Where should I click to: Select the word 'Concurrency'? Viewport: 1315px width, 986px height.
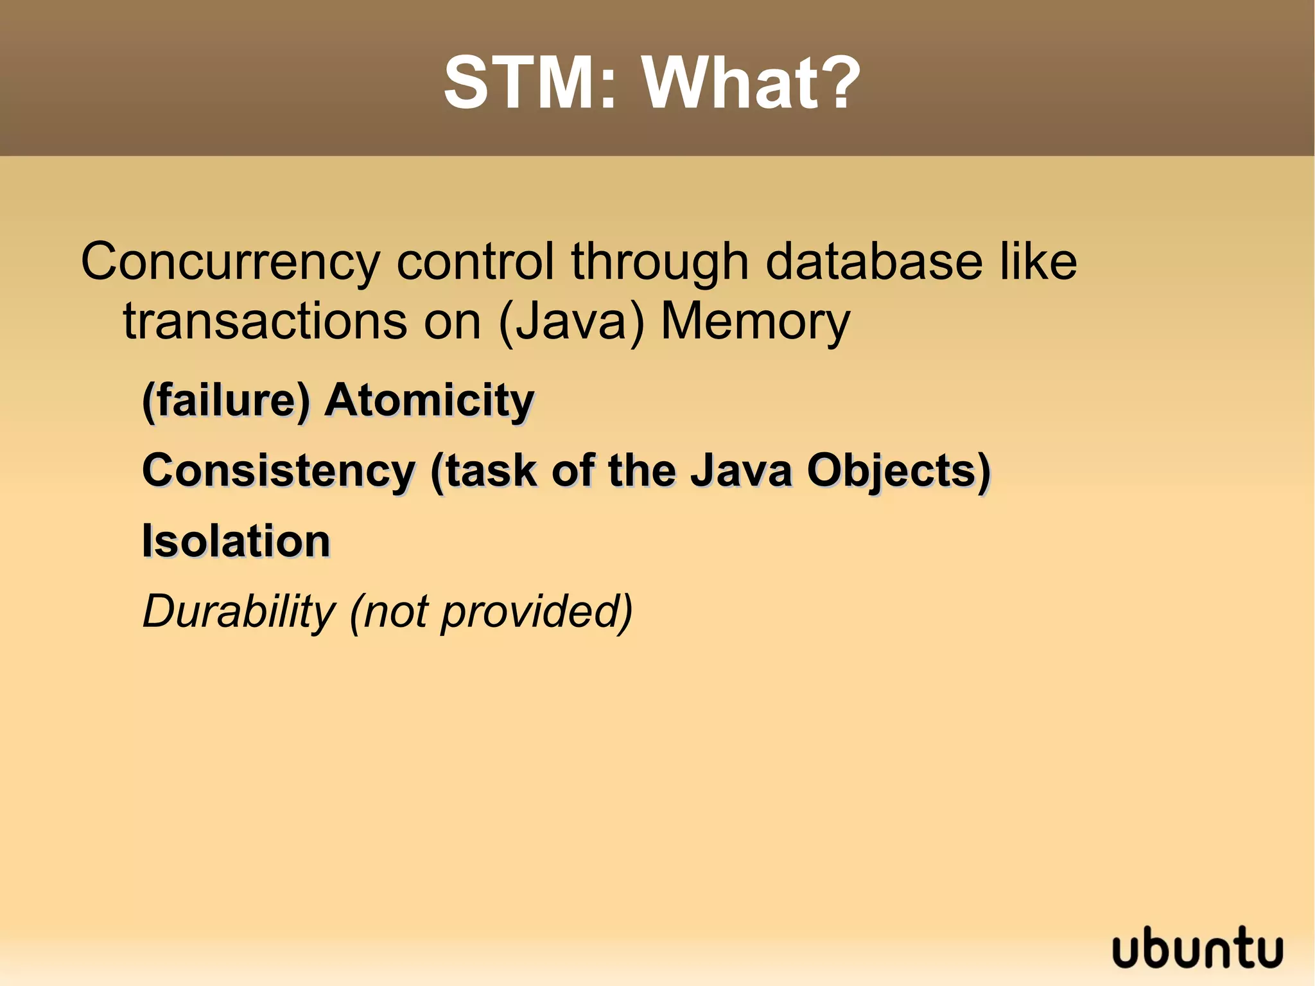coord(230,263)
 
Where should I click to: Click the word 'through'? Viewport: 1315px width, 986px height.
coord(659,263)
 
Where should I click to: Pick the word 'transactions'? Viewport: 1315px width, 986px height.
coord(265,321)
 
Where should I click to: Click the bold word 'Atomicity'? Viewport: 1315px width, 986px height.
coord(429,400)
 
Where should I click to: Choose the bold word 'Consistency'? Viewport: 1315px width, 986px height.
coord(279,471)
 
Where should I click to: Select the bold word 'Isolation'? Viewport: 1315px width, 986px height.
coord(236,541)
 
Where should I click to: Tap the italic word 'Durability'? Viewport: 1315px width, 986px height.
coord(238,612)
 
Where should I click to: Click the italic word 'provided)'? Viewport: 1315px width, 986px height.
coord(537,612)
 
